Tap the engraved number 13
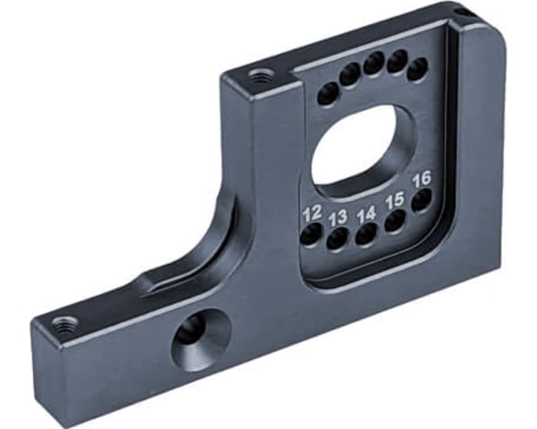point(338,218)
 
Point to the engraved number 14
point(367,215)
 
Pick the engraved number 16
point(422,180)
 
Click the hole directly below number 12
point(311,234)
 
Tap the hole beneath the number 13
point(338,237)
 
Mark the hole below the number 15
point(395,221)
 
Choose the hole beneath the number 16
point(421,200)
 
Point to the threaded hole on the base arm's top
point(64,324)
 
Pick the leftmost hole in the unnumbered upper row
point(328,93)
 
